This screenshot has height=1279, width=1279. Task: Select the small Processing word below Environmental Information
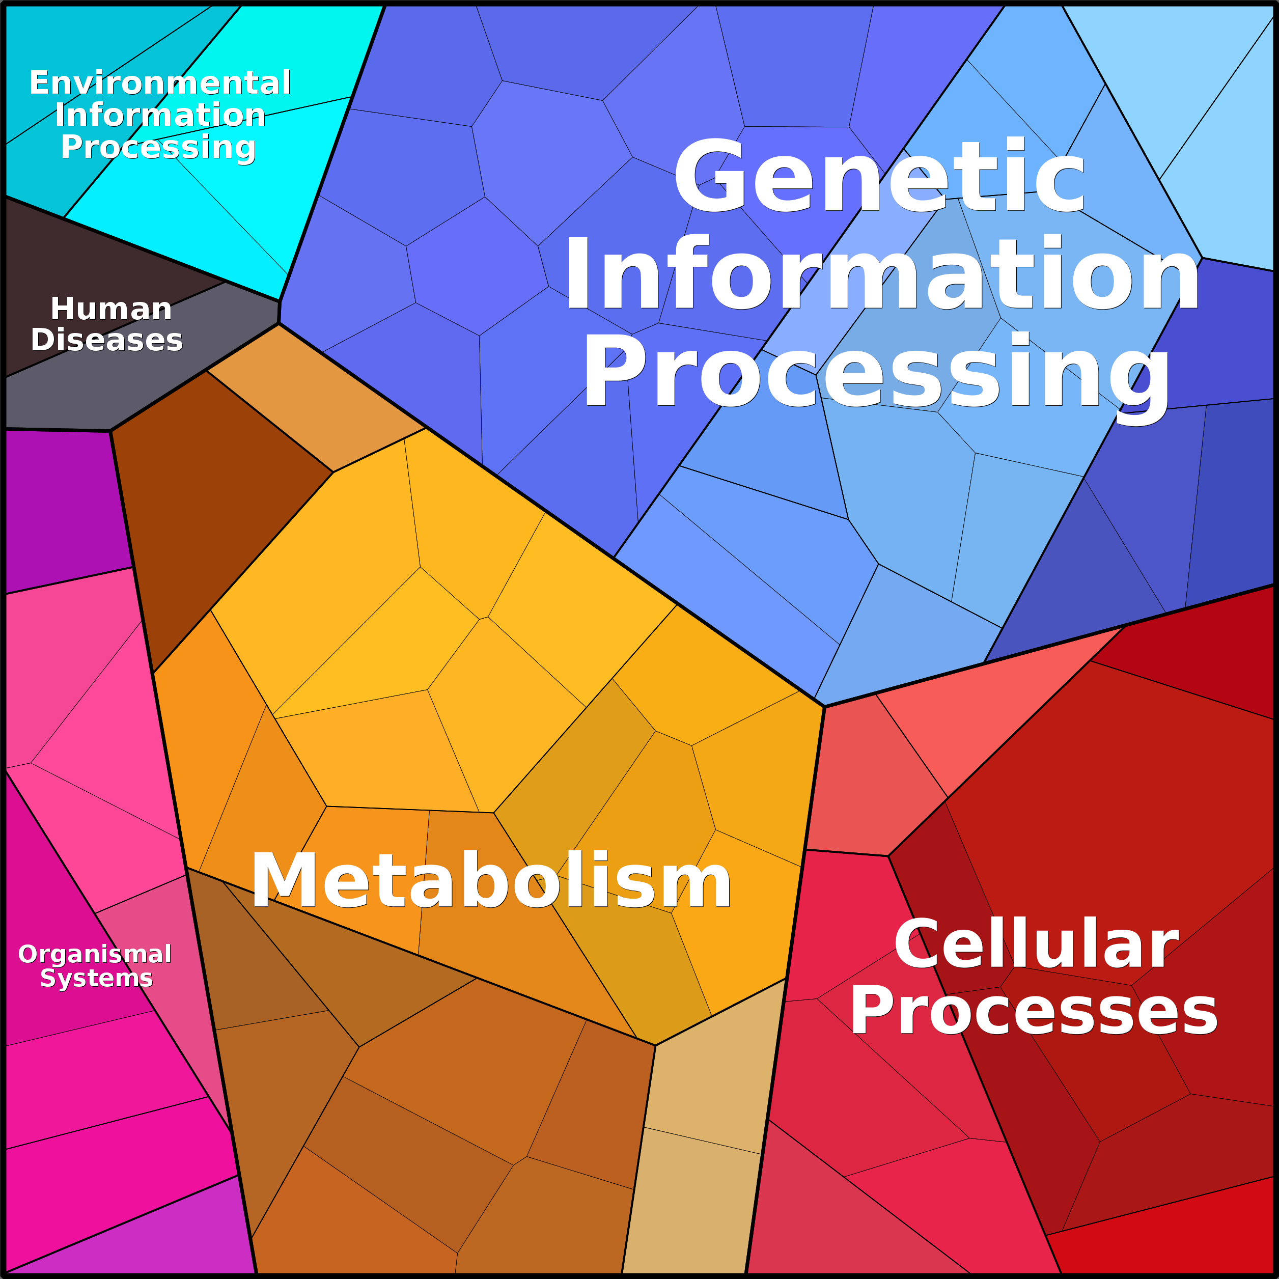(158, 148)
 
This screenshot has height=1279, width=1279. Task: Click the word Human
(111, 309)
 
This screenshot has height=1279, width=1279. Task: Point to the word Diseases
(106, 340)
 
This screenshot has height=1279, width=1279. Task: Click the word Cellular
(1037, 943)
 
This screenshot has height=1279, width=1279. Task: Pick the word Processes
(1034, 1011)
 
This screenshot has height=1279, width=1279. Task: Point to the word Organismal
(95, 955)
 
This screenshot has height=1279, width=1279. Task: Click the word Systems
(97, 978)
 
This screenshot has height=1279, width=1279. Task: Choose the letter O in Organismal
(29, 955)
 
